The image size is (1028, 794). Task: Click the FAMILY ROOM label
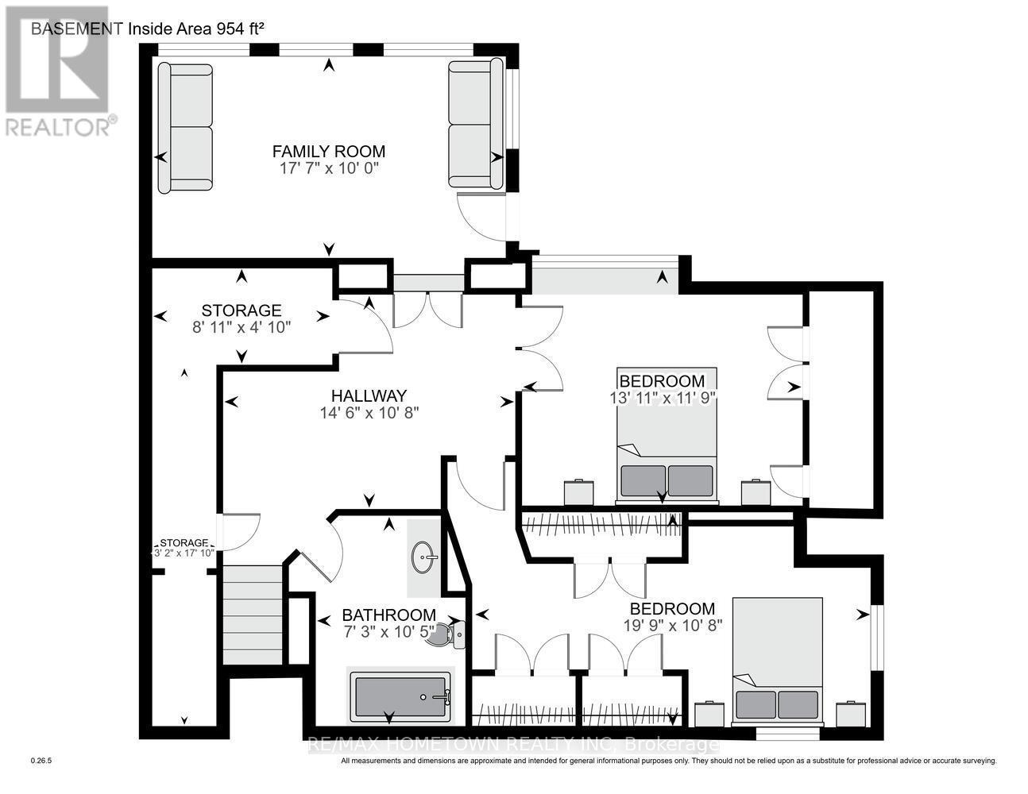(328, 152)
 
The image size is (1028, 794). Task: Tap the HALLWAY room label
(369, 395)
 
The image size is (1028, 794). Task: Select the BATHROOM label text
(388, 615)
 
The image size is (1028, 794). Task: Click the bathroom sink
(425, 557)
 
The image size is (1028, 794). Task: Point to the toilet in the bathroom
(447, 634)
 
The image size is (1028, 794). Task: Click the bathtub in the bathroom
(400, 696)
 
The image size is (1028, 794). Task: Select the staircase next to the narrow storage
(252, 615)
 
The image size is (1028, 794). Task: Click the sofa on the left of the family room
(186, 127)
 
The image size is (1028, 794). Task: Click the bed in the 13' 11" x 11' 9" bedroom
(667, 436)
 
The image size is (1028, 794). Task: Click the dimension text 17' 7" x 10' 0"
(328, 169)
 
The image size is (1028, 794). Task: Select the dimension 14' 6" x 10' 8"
(369, 413)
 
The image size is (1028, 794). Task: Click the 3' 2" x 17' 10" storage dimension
(184, 553)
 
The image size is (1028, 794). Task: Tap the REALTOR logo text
(60, 125)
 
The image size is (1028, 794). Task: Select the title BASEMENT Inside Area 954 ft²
(147, 29)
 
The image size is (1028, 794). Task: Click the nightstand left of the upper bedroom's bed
(579, 492)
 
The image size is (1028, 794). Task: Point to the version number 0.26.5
(41, 761)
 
